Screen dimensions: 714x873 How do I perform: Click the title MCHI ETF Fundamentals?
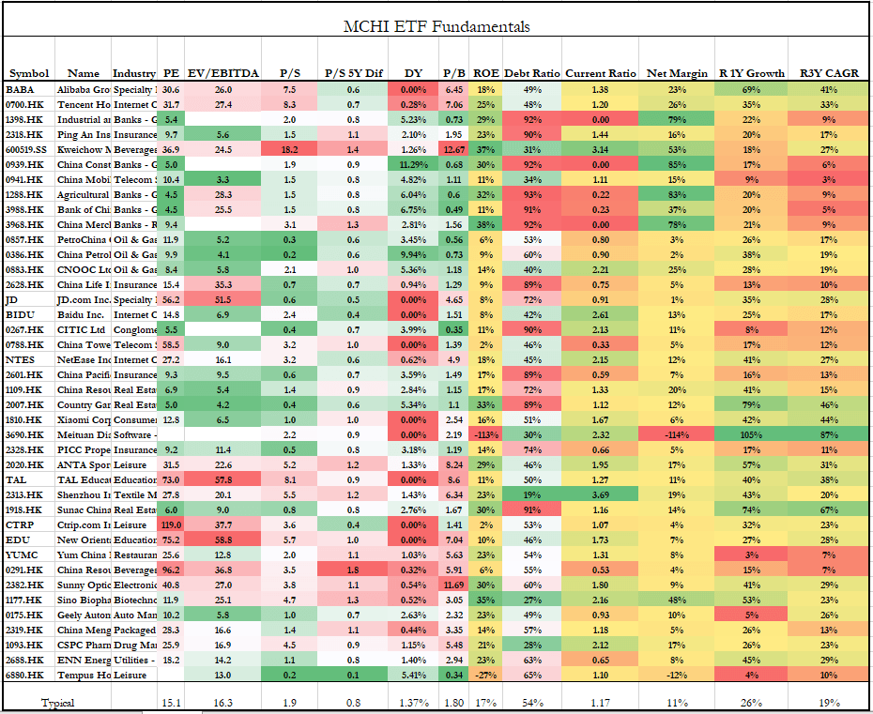tap(436, 26)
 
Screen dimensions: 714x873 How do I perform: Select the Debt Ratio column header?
tap(531, 73)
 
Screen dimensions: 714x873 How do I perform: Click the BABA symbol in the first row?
tap(20, 88)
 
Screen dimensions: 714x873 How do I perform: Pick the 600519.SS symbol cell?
tap(29, 148)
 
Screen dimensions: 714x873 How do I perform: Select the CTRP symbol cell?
tap(21, 524)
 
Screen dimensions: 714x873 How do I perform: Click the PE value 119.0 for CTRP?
tap(170, 524)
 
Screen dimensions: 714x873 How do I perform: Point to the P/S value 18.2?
tap(289, 148)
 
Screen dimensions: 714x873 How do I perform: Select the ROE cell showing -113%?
tap(485, 434)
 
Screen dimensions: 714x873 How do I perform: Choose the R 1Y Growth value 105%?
tap(750, 434)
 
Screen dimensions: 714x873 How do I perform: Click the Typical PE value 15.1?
tap(170, 701)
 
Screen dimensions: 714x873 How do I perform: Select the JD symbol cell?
tap(12, 298)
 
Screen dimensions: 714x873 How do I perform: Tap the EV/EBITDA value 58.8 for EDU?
tap(222, 539)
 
